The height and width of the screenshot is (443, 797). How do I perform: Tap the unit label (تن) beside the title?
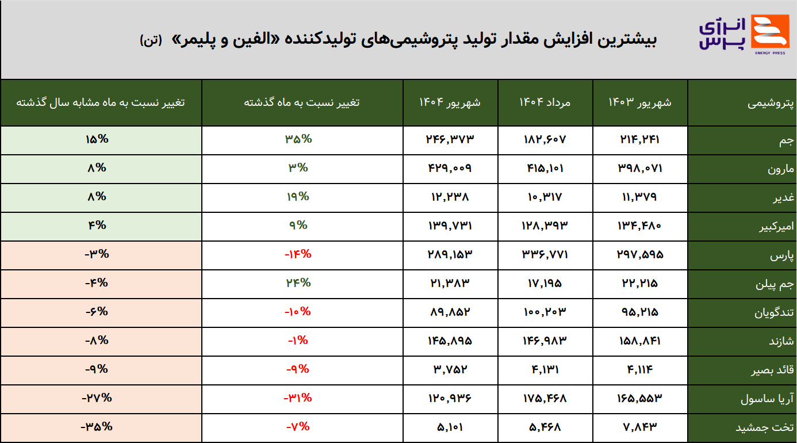point(151,40)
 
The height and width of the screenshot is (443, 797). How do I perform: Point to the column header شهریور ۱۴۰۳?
point(639,102)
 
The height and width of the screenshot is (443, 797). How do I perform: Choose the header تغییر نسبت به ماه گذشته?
point(302,102)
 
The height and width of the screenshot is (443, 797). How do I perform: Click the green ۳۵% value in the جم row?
point(298,139)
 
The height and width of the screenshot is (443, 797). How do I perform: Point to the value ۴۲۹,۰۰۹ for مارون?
point(450,168)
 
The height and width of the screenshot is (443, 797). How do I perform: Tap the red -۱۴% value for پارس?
point(298,254)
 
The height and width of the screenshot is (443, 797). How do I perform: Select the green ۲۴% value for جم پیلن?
point(298,283)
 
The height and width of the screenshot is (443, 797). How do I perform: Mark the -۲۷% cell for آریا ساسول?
point(97,398)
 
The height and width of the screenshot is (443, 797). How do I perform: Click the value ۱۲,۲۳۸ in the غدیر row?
point(450,197)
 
